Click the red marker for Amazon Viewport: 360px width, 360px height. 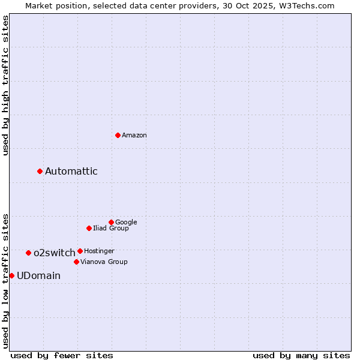click(118, 135)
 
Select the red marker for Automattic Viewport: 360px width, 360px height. click(40, 171)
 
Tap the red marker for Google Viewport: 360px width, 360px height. click(111, 222)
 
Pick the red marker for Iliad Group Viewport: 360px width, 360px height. click(89, 228)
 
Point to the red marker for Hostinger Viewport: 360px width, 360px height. click(80, 251)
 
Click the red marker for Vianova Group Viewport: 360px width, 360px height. click(76, 262)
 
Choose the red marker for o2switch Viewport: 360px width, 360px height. click(28, 253)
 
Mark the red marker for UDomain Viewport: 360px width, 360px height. click(11, 275)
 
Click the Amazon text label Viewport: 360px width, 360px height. click(134, 136)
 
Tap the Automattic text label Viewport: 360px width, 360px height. click(71, 172)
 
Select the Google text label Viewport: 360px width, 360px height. click(126, 223)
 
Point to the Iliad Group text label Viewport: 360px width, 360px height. click(111, 229)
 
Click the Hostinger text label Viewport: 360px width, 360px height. click(99, 251)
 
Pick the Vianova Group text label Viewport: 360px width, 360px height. click(104, 262)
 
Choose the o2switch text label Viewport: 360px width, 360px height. click(54, 253)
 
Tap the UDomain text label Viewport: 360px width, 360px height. click(38, 276)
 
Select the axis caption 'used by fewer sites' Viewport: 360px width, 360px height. click(62, 355)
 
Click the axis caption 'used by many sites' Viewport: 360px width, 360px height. click(301, 355)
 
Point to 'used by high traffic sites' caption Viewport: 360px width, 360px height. click(5, 85)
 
